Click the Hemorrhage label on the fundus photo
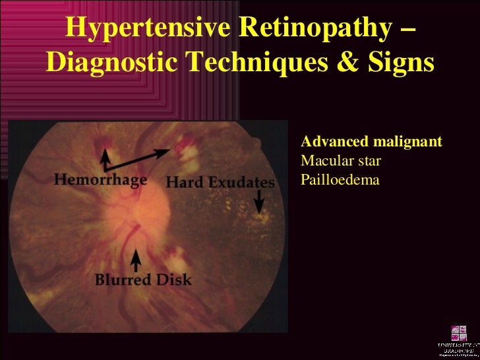100,180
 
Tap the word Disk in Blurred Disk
173,279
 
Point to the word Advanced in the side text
330,142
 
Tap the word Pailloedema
340,178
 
